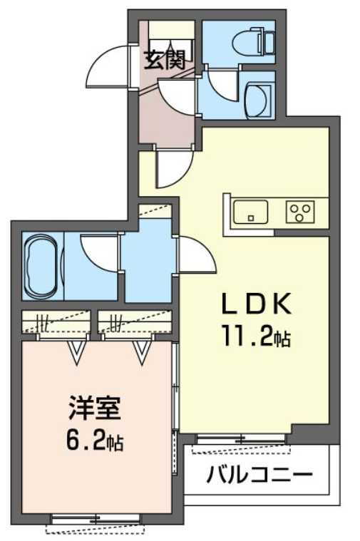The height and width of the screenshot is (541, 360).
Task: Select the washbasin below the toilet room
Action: (257, 98)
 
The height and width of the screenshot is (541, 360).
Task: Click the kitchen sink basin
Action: (250, 211)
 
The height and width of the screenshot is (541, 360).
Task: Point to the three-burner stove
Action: (301, 211)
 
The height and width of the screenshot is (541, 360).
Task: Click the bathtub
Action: (41, 267)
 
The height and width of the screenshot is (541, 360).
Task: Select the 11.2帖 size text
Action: (254, 338)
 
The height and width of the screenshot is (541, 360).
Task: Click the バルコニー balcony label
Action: (260, 474)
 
